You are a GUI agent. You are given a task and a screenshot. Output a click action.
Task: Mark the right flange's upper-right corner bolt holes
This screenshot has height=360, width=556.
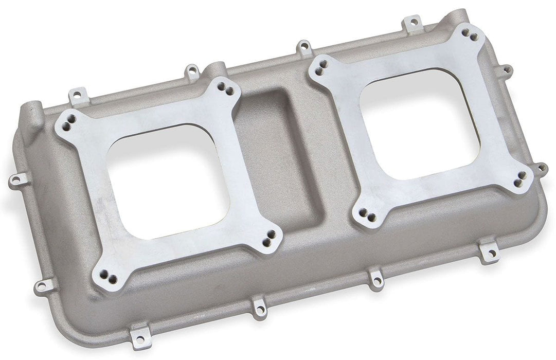469,34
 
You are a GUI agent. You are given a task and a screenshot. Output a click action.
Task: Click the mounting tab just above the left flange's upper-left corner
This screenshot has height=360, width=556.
76,95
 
